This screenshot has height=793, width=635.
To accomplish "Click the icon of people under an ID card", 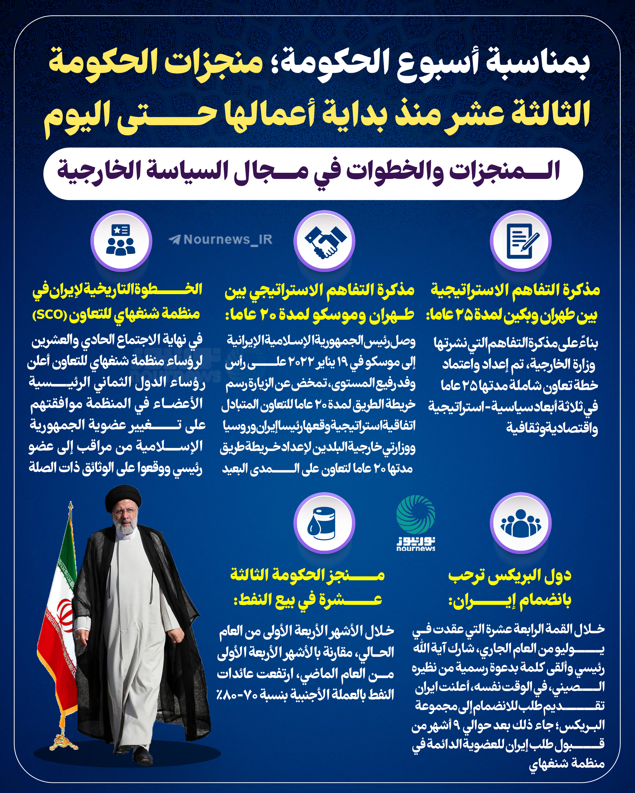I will click(121, 241).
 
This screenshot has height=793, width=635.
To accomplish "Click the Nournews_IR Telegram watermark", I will click(221, 239).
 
